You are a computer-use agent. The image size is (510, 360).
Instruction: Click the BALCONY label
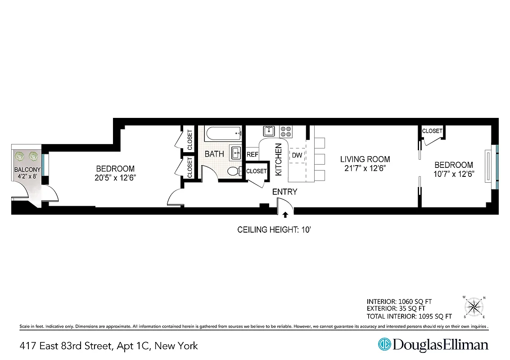(x=27, y=170)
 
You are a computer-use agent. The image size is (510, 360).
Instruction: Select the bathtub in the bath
(x=223, y=134)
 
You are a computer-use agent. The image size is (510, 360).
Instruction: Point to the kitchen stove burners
(x=285, y=131)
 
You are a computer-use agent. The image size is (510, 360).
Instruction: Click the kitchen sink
(x=269, y=131)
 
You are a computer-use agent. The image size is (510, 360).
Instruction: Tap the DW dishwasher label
(x=297, y=155)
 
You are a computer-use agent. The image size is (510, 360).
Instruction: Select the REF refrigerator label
(x=252, y=154)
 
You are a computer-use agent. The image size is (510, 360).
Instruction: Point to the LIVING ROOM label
(x=365, y=159)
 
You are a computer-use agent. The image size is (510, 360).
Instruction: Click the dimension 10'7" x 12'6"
(x=454, y=174)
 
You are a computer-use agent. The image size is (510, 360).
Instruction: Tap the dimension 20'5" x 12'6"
(x=115, y=177)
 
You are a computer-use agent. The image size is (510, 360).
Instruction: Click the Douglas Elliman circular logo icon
(x=384, y=344)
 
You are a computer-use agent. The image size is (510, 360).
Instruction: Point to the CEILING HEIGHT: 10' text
(x=275, y=230)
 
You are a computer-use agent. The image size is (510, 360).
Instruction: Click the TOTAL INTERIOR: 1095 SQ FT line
(x=409, y=316)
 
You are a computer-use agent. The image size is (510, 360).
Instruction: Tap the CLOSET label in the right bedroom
(x=432, y=131)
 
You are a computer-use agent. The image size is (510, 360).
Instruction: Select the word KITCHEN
(x=279, y=160)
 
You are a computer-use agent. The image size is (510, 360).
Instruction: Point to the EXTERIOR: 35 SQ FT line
(x=396, y=309)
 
